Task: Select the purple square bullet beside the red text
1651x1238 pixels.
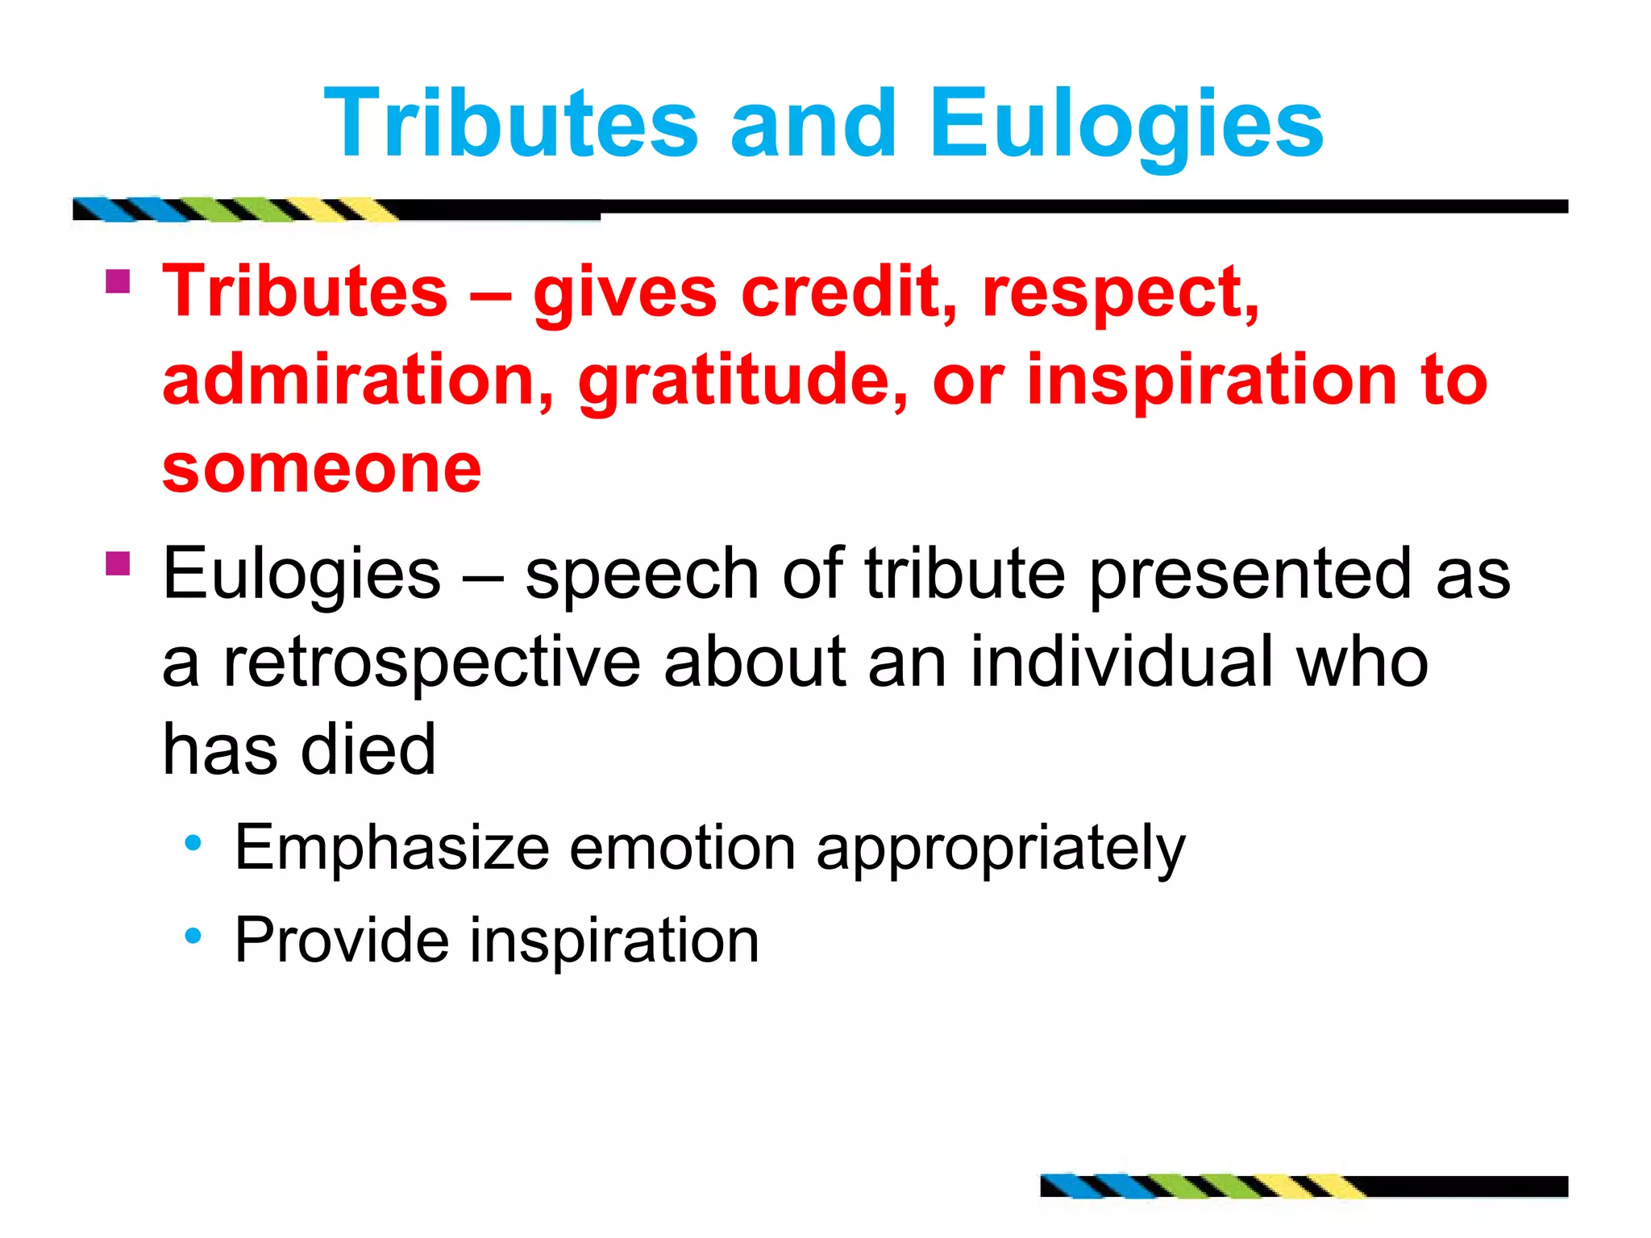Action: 118,281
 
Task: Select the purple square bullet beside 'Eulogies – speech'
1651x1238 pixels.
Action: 118,563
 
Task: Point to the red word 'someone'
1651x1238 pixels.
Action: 322,469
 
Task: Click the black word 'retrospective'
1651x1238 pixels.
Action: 431,663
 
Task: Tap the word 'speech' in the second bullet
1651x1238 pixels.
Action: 642,575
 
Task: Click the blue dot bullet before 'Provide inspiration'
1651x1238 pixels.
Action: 193,936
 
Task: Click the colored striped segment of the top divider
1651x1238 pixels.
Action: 234,210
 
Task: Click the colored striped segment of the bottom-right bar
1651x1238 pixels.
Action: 1201,1186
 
